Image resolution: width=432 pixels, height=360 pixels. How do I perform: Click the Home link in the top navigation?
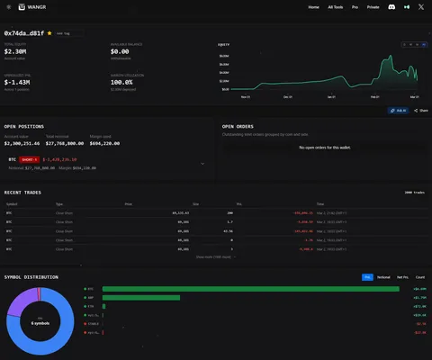[x=313, y=6]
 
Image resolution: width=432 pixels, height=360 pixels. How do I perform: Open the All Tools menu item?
[x=336, y=6]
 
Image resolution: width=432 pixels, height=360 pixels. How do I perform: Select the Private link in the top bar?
[x=372, y=6]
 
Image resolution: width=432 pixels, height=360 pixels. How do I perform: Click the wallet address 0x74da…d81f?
[x=24, y=32]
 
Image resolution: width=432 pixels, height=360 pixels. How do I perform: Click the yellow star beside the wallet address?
[x=49, y=32]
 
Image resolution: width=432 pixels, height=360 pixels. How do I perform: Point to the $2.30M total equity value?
[x=16, y=51]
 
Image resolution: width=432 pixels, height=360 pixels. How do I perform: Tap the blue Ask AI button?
[x=398, y=110]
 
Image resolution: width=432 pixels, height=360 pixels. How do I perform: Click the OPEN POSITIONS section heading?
[x=25, y=127]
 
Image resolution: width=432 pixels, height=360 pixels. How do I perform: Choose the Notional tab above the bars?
[x=382, y=277]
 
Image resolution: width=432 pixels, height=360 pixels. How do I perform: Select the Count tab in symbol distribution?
[x=419, y=277]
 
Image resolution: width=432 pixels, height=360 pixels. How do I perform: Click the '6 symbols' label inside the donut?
[x=40, y=321]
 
